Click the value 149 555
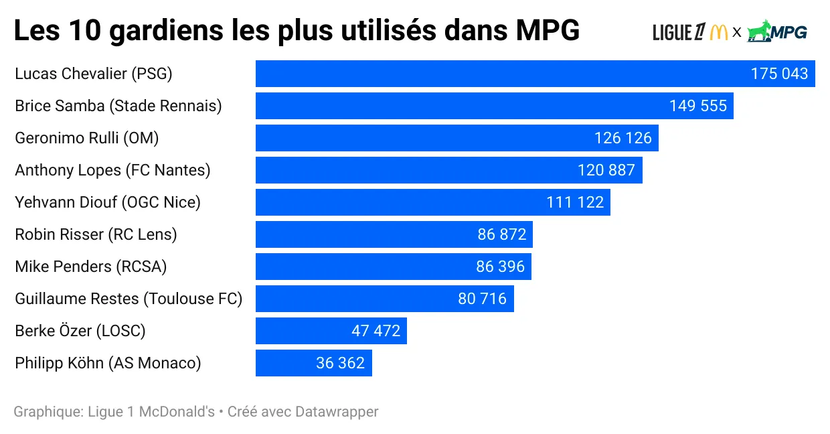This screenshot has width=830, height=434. tap(697, 106)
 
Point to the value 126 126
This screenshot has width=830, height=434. tap(622, 138)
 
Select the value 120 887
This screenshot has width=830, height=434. tap(606, 170)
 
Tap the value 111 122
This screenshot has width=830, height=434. tap(575, 202)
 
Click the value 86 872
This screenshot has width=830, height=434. tap(502, 234)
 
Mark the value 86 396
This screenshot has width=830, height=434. tap(501, 267)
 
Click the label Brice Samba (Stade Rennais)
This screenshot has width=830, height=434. tap(118, 106)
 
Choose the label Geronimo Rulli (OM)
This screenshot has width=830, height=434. tap(86, 138)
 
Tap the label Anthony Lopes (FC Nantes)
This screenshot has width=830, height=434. tap(112, 170)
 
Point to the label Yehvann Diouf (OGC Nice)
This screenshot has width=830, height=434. tap(108, 202)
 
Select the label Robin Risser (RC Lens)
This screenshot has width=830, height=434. tap(96, 234)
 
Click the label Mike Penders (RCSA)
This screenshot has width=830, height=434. tap(90, 267)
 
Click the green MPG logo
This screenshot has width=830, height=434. tap(777, 31)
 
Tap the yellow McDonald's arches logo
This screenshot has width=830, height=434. tap(719, 31)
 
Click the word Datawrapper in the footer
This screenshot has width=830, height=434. tap(337, 411)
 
